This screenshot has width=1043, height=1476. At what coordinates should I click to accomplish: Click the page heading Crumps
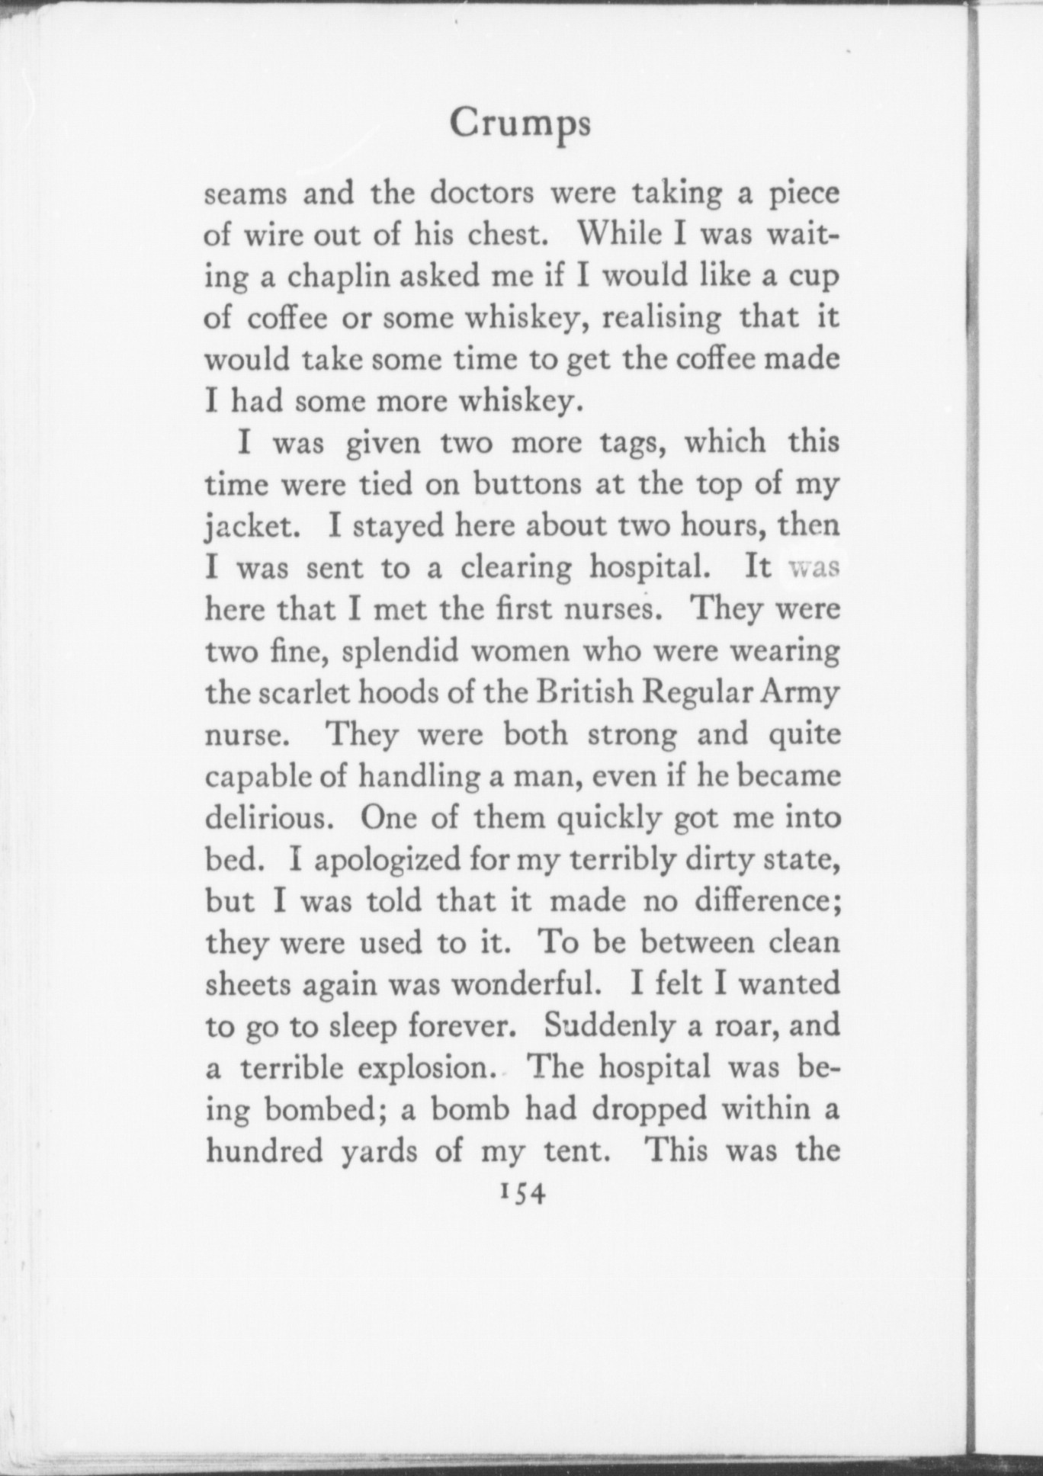519,124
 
